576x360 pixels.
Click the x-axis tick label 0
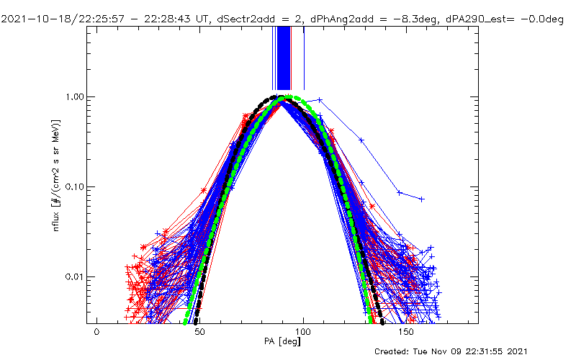point(96,333)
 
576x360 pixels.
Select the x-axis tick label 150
point(407,333)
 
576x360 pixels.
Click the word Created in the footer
point(393,351)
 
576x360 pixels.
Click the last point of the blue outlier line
point(422,199)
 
